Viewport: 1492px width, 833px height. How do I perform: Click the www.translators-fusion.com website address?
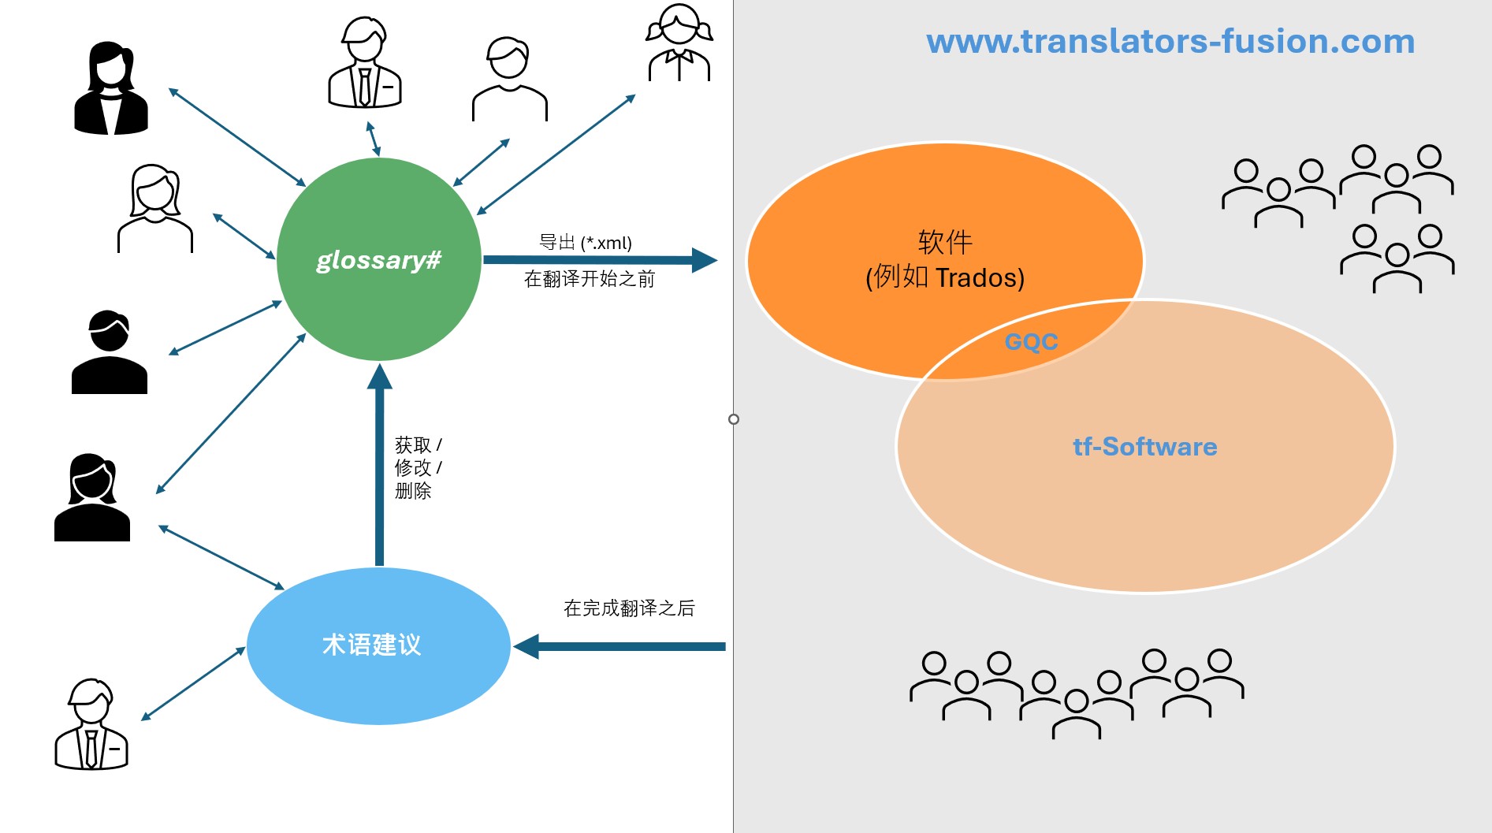[x=1170, y=41]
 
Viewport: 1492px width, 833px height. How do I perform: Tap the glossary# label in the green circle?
[x=378, y=259]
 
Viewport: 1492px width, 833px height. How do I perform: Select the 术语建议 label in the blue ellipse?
[x=372, y=645]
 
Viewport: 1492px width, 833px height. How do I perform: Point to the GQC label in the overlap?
[x=1031, y=342]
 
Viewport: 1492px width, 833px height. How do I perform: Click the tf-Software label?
[x=1144, y=447]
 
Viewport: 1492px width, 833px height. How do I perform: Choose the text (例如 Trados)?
[x=945, y=277]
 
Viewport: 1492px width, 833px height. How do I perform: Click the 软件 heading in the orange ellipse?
[x=945, y=241]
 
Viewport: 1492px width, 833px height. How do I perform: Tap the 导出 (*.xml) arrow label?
[x=586, y=243]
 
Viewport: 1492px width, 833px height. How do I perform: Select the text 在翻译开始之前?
[x=590, y=279]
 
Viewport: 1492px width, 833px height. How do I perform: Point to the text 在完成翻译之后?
[x=629, y=608]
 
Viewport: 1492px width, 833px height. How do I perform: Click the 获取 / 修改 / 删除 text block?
[x=418, y=467]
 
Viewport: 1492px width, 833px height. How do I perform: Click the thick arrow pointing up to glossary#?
[x=379, y=465]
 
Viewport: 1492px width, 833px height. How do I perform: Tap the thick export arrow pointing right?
[x=599, y=260]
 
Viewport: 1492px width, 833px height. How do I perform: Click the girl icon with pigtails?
[x=679, y=43]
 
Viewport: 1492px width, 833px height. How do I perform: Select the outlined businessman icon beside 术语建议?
[x=91, y=724]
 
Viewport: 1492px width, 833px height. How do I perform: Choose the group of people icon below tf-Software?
[x=1077, y=694]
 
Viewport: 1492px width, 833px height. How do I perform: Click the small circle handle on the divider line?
[x=734, y=419]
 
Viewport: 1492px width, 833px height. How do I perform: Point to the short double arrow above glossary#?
[x=373, y=139]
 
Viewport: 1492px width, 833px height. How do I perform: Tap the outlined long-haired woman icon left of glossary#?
[x=155, y=209]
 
